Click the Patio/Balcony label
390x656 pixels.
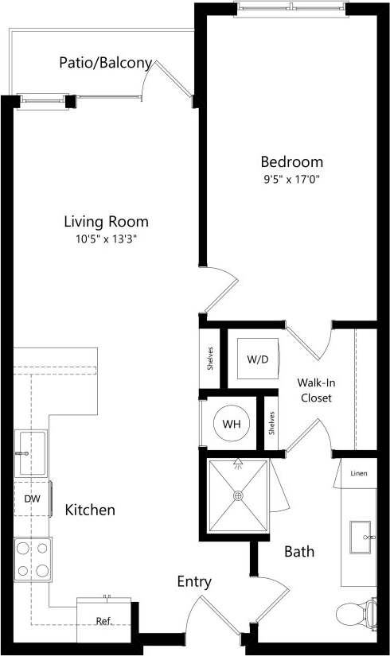point(105,63)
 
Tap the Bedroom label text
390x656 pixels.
point(291,161)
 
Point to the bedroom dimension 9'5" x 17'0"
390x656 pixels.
point(291,179)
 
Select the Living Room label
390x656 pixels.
point(106,222)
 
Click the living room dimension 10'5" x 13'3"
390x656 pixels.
point(106,239)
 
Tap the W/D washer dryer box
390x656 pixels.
point(257,359)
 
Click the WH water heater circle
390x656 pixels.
point(231,424)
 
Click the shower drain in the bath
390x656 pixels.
point(237,495)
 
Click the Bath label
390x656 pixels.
point(299,551)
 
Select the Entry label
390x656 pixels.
point(194,582)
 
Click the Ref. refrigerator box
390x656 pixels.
point(103,621)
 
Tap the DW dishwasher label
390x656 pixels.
point(32,499)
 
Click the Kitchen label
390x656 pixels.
point(90,510)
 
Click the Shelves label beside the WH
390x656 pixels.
point(272,423)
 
